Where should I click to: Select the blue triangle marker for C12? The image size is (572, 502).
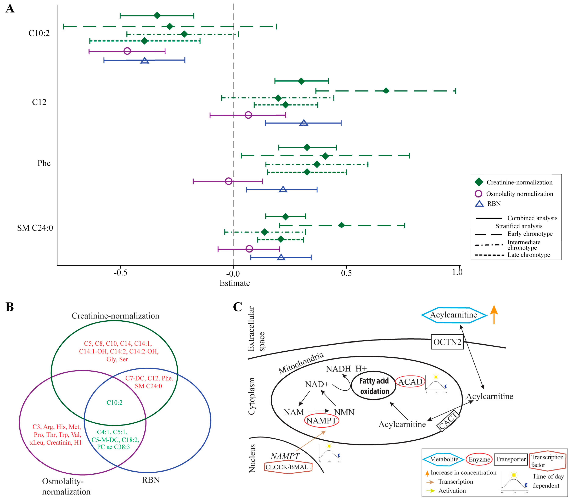(304, 123)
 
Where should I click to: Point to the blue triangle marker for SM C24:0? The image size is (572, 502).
(281, 257)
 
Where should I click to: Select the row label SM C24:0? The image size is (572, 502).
(35, 228)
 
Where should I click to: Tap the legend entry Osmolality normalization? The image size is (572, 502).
(519, 194)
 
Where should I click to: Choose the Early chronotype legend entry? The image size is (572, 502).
(530, 234)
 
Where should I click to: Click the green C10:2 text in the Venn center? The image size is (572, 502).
(115, 402)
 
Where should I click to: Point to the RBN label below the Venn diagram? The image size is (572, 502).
(151, 480)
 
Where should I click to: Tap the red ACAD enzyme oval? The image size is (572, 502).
(410, 382)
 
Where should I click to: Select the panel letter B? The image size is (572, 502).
(10, 307)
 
